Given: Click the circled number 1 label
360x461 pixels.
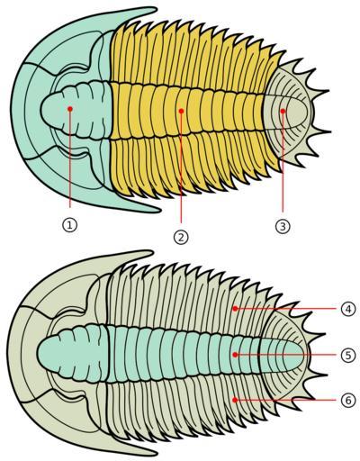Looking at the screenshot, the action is [69, 224].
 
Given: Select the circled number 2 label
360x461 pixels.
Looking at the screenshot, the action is [181, 237].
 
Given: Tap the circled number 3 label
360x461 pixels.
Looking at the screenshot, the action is [283, 226].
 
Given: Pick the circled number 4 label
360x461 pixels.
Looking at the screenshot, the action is [348, 309].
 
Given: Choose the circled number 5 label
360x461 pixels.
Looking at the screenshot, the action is [348, 355].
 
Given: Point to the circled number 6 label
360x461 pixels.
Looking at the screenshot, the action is [348, 400].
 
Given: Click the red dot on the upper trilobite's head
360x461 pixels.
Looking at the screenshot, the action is [70, 109].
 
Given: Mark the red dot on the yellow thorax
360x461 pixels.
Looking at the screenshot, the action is [181, 111].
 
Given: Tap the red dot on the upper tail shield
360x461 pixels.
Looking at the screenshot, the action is [283, 111].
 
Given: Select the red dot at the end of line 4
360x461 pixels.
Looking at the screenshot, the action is [235, 308].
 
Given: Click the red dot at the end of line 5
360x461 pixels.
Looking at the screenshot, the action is [235, 355].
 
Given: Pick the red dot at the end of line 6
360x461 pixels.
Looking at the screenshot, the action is [235, 400].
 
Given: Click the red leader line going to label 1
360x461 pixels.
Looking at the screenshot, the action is [70, 159].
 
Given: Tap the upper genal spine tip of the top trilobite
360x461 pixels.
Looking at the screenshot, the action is [157, 10].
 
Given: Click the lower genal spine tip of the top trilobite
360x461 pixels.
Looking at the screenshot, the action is [160, 210].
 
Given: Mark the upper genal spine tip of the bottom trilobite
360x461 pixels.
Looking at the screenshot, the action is [152, 253].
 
